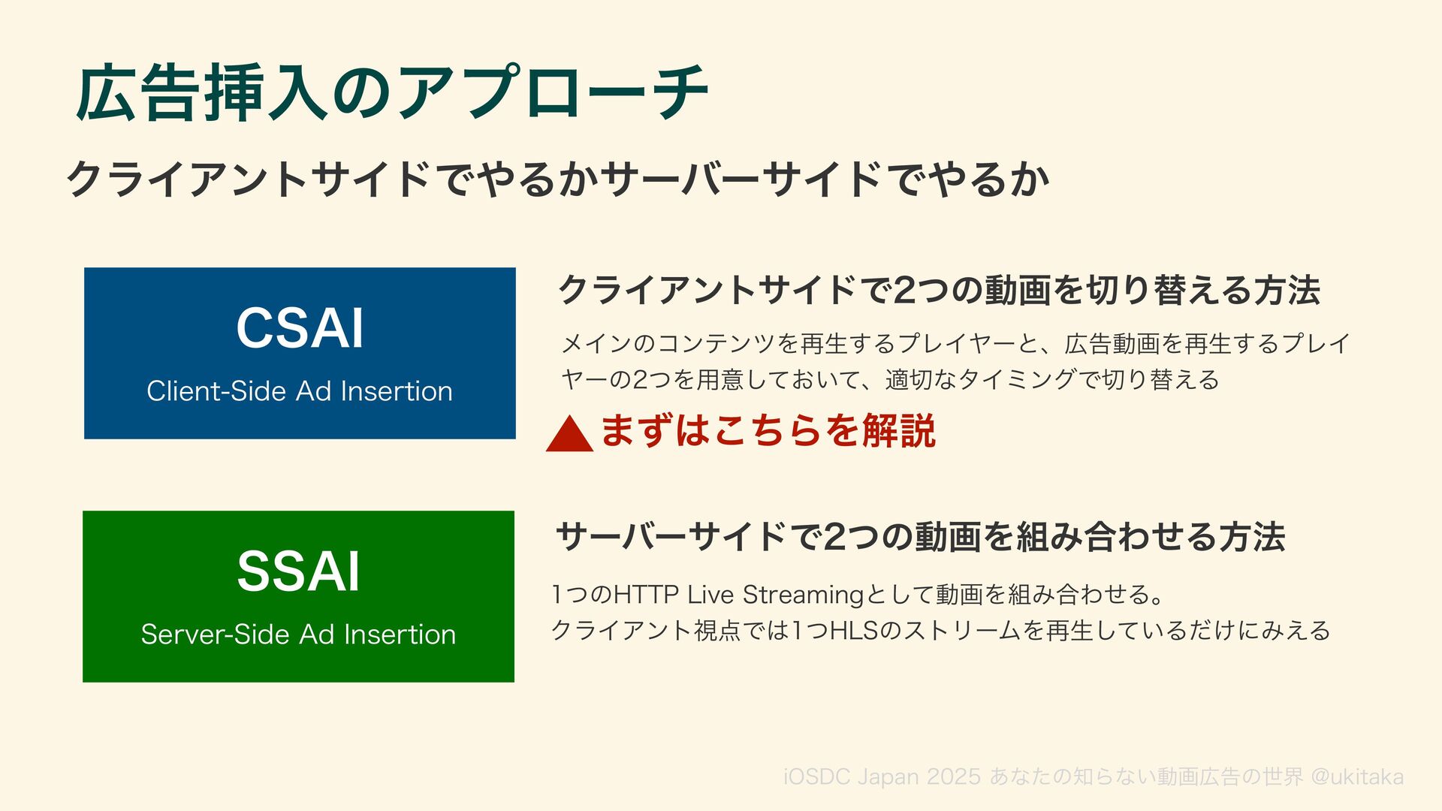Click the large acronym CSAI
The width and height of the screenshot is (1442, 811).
point(300,328)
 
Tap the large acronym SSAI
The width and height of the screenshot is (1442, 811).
point(299,571)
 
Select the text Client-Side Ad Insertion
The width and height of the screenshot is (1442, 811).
point(300,391)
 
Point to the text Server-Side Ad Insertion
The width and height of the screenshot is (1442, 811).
point(298,635)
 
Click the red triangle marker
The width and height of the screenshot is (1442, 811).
point(569,436)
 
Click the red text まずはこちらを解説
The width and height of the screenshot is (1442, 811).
point(768,431)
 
